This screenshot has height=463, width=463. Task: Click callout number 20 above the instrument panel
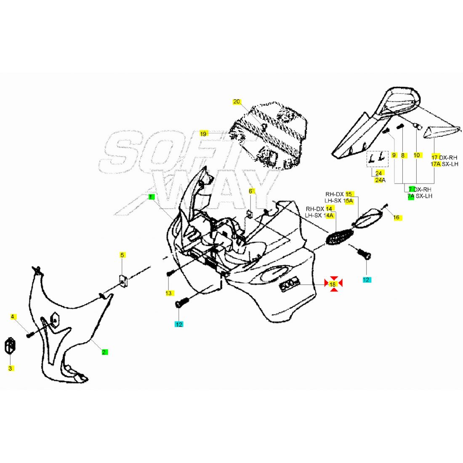(x=237, y=102)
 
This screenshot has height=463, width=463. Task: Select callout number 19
(x=203, y=134)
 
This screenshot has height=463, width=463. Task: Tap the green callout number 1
(x=151, y=197)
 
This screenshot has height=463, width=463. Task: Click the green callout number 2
(x=104, y=352)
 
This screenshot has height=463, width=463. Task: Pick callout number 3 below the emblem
(x=11, y=368)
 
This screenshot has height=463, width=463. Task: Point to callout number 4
(x=12, y=317)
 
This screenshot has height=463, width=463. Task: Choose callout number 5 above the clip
(x=122, y=255)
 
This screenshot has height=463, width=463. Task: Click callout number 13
(x=169, y=293)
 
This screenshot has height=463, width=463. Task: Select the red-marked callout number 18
(x=333, y=285)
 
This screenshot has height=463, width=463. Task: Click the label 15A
(x=349, y=201)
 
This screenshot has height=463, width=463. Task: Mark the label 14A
(x=329, y=216)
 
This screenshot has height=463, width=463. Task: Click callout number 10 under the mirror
(x=417, y=155)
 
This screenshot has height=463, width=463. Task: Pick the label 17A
(x=436, y=164)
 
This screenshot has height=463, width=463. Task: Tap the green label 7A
(x=411, y=196)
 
